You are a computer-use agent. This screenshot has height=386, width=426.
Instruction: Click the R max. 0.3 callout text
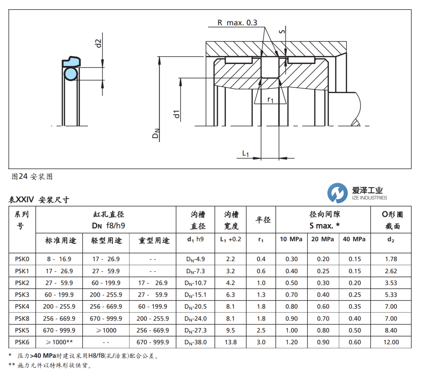(x=237, y=22)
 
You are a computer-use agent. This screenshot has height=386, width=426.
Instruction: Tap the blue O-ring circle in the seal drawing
(x=71, y=74)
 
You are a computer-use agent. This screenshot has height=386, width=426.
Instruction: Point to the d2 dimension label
(x=98, y=43)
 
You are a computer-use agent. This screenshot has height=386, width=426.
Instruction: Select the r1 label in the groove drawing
(x=270, y=99)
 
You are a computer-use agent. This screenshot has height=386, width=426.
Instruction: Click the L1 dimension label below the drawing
(x=245, y=153)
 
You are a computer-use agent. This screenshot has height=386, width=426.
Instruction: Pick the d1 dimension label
(x=177, y=114)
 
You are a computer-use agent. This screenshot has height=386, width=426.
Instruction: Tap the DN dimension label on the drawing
(x=156, y=133)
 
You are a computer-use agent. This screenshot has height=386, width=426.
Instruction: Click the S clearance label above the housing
(x=282, y=31)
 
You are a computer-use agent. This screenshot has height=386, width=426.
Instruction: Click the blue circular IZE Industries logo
(x=337, y=193)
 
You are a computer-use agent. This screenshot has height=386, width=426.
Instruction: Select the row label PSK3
(x=22, y=295)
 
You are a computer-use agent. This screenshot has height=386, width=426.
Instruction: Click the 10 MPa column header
(x=291, y=239)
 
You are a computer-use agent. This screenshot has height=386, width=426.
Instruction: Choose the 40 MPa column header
(x=354, y=239)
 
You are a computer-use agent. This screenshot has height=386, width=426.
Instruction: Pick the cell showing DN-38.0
(x=196, y=342)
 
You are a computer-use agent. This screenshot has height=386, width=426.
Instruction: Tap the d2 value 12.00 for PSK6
(x=391, y=342)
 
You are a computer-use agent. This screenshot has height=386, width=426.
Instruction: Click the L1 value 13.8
(x=231, y=342)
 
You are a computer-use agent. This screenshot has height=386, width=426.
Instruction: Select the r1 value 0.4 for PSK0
(x=261, y=259)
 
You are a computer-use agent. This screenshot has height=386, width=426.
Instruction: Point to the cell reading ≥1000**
(x=59, y=342)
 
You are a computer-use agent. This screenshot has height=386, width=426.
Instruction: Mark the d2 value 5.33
(x=391, y=295)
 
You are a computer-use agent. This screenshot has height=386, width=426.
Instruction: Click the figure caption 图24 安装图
(x=32, y=177)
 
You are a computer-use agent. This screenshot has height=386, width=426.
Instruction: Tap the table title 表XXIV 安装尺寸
(x=39, y=200)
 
